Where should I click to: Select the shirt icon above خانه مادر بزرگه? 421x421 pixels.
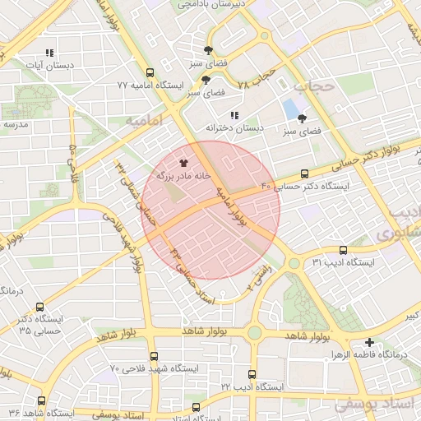pos(183,163)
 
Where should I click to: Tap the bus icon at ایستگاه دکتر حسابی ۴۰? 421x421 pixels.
pos(305,174)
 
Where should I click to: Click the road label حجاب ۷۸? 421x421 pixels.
pos(254,80)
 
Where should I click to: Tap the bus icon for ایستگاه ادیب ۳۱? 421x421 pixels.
pos(343,250)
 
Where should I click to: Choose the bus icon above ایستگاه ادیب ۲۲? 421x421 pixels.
pos(252,373)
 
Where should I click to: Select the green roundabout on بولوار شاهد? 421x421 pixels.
pos(254,331)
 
